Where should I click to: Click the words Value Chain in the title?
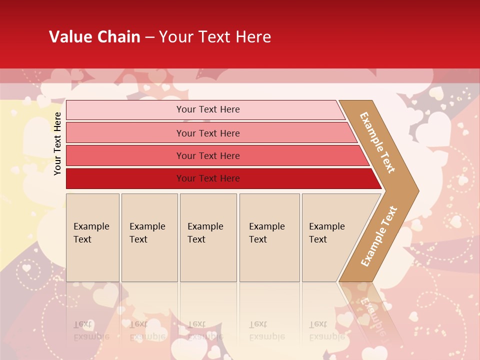pyautogui.click(x=94, y=37)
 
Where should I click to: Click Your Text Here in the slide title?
pyautogui.click(x=215, y=37)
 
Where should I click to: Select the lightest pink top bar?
pyautogui.click(x=125, y=110)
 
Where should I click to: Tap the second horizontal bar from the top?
pyautogui.click(x=125, y=133)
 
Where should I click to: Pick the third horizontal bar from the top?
pyautogui.click(x=125, y=155)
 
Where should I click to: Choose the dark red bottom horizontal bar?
pyautogui.click(x=125, y=178)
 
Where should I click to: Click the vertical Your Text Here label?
pyautogui.click(x=57, y=143)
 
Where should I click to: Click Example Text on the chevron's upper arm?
pyautogui.click(x=377, y=142)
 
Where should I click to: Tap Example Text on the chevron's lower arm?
pyautogui.click(x=379, y=236)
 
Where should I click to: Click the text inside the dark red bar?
pyautogui.click(x=208, y=178)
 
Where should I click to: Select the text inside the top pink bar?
pyautogui.click(x=208, y=109)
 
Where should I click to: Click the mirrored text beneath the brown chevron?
pyautogui.click(x=372, y=312)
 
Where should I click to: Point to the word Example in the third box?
pyautogui.click(x=205, y=226)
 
